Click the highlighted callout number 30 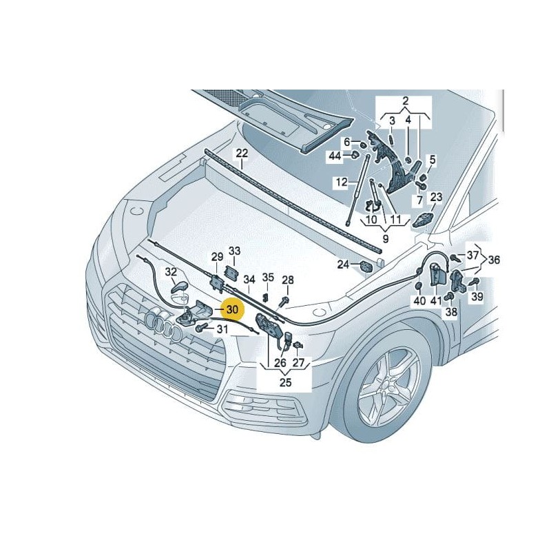(232, 310)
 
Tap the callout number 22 (242, 153)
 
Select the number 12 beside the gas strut (342, 183)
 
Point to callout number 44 (335, 156)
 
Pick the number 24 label (343, 264)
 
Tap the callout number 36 (494, 260)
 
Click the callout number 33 (235, 251)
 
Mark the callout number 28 (287, 280)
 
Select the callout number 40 (419, 300)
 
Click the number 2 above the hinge (405, 101)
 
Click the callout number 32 (171, 272)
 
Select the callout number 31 (222, 330)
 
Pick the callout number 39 (476, 297)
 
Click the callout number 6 (347, 141)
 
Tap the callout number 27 (298, 362)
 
